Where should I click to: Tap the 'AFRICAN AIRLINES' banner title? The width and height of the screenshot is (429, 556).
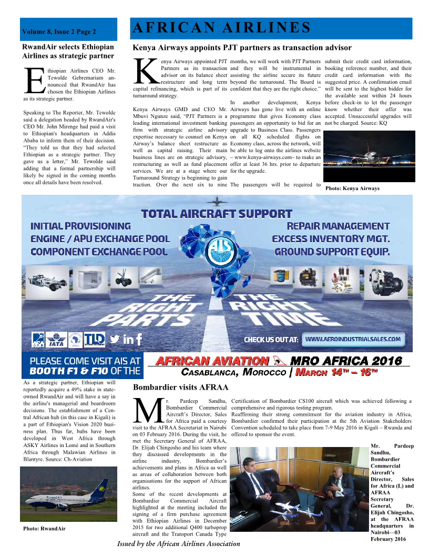click(221, 27)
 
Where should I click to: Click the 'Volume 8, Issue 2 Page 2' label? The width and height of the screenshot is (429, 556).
click(59, 32)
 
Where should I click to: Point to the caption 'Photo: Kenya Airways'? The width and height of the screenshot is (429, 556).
click(352, 188)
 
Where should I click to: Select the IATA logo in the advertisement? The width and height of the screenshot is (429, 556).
click(56, 340)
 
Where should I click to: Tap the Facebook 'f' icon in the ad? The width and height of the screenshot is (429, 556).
click(139, 340)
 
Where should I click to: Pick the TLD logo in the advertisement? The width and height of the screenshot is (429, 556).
click(95, 339)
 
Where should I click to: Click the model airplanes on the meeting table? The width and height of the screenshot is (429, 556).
click(294, 503)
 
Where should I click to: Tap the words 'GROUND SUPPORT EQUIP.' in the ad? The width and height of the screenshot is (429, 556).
click(332, 252)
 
